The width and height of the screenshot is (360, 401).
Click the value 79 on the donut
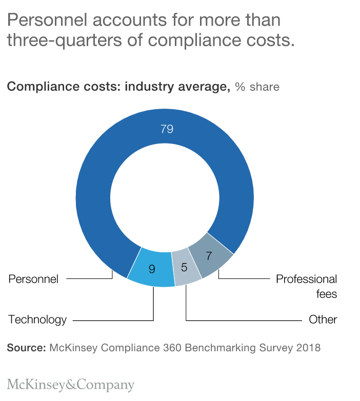tap(167, 129)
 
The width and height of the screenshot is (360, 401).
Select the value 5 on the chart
tap(184, 267)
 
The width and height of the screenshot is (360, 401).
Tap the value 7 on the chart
tap(209, 256)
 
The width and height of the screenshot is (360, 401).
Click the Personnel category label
tap(33, 279)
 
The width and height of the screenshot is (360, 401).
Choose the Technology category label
tap(37, 320)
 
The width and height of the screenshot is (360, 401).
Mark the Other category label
tap(323, 320)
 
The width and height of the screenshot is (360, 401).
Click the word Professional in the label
tap(306, 279)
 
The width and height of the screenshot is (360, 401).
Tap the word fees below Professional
tap(327, 294)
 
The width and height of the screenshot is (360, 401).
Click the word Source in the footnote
tap(26, 348)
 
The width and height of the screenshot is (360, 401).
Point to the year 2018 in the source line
tap(308, 348)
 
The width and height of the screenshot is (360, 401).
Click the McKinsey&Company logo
tap(71, 385)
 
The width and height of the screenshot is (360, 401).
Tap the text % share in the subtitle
tap(257, 87)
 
